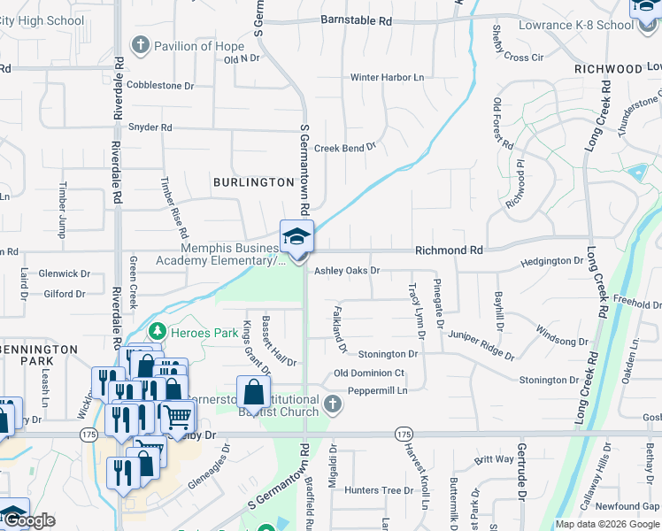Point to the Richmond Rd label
pyautogui.click(x=450, y=251)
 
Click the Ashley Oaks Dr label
pyautogui.click(x=347, y=271)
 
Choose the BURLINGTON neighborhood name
pyautogui.click(x=253, y=182)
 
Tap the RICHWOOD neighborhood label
pyautogui.click(x=607, y=68)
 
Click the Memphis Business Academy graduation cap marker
pyautogui.click(x=296, y=236)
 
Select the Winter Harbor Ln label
pyautogui.click(x=387, y=78)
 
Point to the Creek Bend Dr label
pyautogui.click(x=345, y=149)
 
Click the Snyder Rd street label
pyautogui.click(x=150, y=127)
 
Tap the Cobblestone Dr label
pyautogui.click(x=160, y=86)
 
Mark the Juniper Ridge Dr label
pyautogui.click(x=481, y=344)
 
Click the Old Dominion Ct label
pyautogui.click(x=369, y=373)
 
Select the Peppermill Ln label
pyautogui.click(x=377, y=390)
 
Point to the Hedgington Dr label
pyautogui.click(x=552, y=261)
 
